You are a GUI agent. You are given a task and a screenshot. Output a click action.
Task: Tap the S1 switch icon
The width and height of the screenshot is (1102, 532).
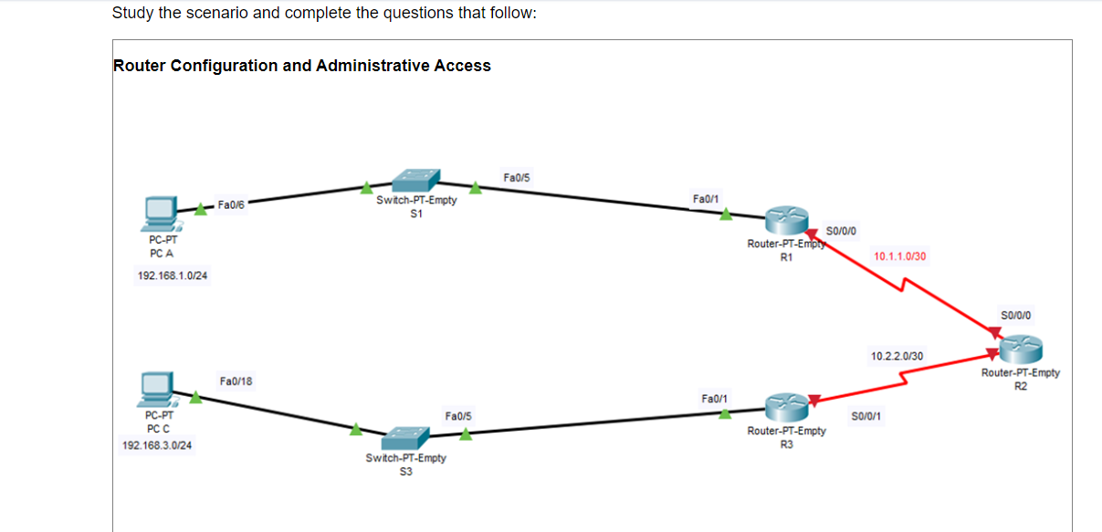point(415,181)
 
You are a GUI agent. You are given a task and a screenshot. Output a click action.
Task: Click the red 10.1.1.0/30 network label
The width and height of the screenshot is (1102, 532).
point(899,257)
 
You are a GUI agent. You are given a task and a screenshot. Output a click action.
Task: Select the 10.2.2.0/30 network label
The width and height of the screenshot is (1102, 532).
point(897,356)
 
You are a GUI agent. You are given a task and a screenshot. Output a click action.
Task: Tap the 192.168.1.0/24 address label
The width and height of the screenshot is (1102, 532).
point(172,276)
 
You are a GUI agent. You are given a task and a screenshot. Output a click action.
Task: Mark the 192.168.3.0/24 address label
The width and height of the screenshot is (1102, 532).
point(163,445)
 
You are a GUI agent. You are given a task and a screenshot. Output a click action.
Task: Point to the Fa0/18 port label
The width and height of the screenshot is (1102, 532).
point(236,380)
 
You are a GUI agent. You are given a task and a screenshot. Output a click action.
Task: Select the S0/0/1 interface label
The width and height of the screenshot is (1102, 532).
point(866,417)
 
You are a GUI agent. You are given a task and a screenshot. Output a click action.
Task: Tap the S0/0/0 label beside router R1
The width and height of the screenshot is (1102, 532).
point(840,230)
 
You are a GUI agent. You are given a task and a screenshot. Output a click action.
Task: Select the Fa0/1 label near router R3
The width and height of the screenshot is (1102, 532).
point(715,398)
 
